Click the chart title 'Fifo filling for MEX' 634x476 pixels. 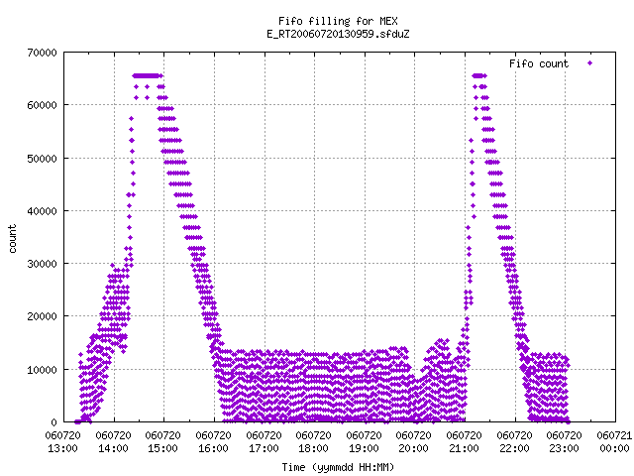[338, 21]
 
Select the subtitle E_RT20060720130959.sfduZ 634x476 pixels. [338, 34]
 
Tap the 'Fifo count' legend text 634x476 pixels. [539, 63]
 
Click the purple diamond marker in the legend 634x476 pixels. [590, 63]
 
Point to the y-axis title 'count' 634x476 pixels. [12, 239]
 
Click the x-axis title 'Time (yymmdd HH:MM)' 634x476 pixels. [338, 467]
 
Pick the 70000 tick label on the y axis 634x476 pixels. [42, 53]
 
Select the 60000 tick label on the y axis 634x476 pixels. [42, 105]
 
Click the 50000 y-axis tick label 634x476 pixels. [42, 159]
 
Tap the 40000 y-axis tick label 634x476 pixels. [42, 211]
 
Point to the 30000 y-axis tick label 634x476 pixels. [42, 264]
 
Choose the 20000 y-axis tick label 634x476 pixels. [42, 316]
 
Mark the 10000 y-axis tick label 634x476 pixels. [42, 370]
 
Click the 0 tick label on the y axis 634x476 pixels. [53, 422]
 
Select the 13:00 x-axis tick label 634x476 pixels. [62, 448]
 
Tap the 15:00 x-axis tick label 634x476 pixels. [162, 448]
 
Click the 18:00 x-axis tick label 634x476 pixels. [313, 448]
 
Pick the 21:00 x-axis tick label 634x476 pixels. [464, 448]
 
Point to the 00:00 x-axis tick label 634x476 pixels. [614, 448]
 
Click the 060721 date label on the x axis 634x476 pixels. [614, 435]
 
